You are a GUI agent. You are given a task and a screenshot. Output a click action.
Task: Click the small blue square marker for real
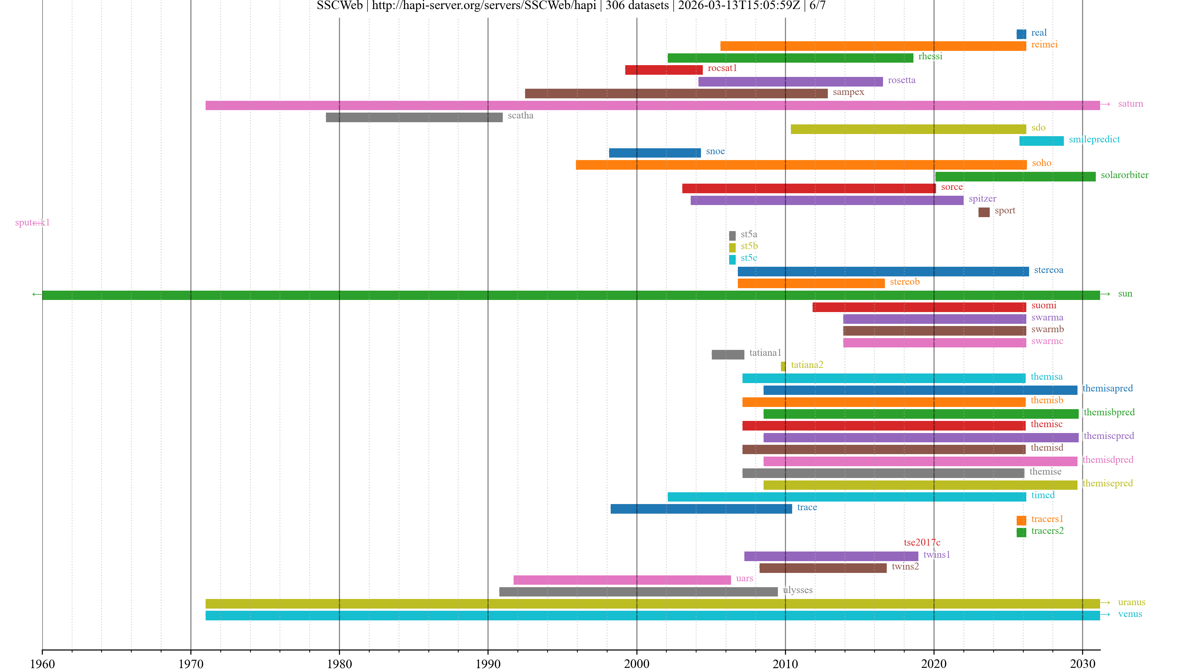click(x=1021, y=34)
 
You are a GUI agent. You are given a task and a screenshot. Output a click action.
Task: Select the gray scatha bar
click(x=414, y=118)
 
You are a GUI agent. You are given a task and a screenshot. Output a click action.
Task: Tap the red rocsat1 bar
click(x=663, y=70)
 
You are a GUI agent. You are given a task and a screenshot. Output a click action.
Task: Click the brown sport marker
click(x=984, y=212)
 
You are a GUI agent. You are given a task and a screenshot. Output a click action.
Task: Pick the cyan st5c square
click(x=732, y=259)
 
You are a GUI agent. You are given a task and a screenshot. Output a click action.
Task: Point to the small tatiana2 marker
click(x=783, y=366)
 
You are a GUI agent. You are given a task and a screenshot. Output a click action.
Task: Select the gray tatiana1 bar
click(x=728, y=355)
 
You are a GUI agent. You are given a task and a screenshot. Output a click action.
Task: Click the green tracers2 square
click(x=1021, y=532)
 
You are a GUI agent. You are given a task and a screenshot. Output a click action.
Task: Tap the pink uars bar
click(x=622, y=580)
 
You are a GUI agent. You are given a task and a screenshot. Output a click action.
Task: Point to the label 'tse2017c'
click(x=921, y=543)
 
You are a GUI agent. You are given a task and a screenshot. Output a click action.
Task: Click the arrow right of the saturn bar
click(x=1105, y=105)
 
